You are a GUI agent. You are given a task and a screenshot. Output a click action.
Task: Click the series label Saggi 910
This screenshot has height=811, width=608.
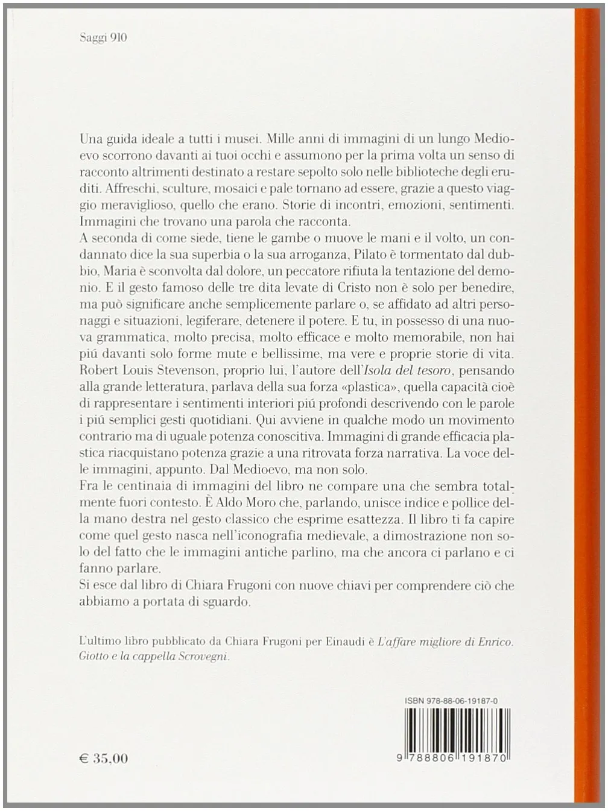(103, 37)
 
